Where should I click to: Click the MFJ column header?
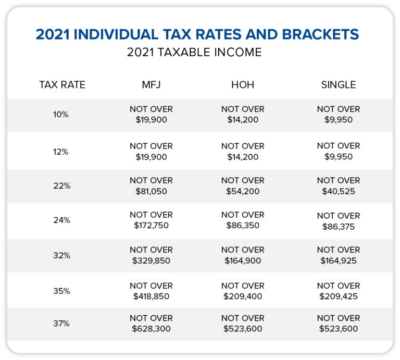point(151,85)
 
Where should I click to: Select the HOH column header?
point(243,85)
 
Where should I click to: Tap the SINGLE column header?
point(338,85)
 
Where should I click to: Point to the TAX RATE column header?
point(62,85)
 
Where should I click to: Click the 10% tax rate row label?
point(61,114)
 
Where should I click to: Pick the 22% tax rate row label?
point(62,186)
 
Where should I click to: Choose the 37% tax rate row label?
point(61,324)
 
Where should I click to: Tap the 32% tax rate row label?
point(61,255)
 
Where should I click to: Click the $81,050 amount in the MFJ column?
point(151,191)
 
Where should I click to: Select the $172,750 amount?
point(151,226)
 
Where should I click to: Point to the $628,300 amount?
point(151,329)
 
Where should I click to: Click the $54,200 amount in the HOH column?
point(243,191)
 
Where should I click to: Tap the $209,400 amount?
point(243,296)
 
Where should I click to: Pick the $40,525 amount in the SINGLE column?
point(338,191)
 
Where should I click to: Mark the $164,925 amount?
point(338,260)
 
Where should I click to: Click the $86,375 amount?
point(338,227)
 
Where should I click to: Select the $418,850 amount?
point(151,296)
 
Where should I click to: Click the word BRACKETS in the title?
point(320,34)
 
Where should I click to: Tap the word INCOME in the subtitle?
point(238,52)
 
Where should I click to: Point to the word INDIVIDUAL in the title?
point(116,34)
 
